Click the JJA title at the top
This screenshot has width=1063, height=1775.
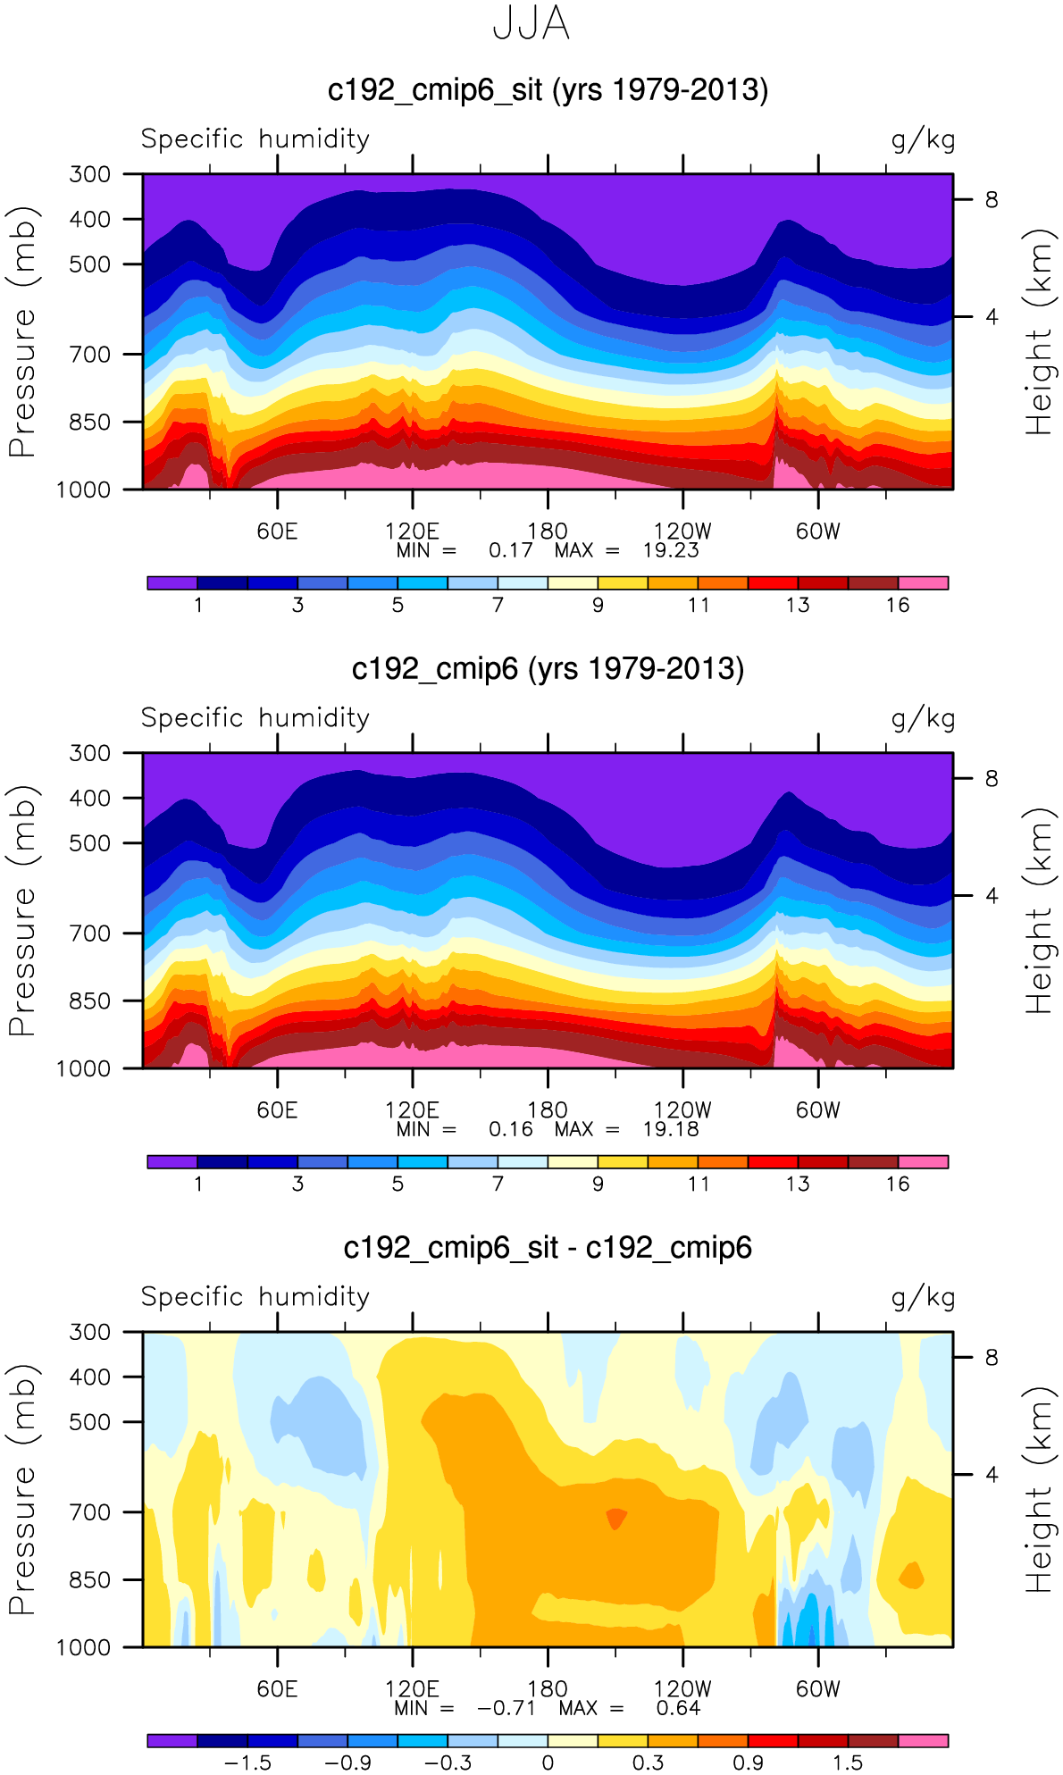click(531, 24)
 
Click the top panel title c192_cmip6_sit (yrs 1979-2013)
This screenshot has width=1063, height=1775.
click(548, 90)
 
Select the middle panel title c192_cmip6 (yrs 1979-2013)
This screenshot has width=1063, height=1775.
click(548, 669)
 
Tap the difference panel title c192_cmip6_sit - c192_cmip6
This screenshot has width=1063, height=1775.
click(548, 1248)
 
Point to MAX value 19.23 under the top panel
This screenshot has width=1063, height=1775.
click(670, 550)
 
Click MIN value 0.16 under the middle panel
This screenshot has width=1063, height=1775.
click(510, 1129)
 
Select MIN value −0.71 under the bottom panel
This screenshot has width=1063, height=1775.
click(506, 1708)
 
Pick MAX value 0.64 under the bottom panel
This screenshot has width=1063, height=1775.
click(678, 1708)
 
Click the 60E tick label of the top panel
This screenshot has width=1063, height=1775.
click(277, 532)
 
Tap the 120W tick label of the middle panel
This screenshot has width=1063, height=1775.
click(682, 1110)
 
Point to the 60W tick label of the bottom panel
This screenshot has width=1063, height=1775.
click(818, 1689)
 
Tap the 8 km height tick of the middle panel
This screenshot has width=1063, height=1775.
click(992, 779)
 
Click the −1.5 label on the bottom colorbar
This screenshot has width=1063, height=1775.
click(247, 1762)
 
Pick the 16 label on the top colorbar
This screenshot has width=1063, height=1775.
click(898, 605)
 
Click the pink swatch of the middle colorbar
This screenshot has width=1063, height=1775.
click(923, 1162)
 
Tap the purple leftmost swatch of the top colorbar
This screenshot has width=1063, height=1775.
click(172, 583)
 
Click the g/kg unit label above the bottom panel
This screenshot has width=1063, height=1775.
click(923, 1297)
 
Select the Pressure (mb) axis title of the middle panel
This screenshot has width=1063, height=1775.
click(22, 911)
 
